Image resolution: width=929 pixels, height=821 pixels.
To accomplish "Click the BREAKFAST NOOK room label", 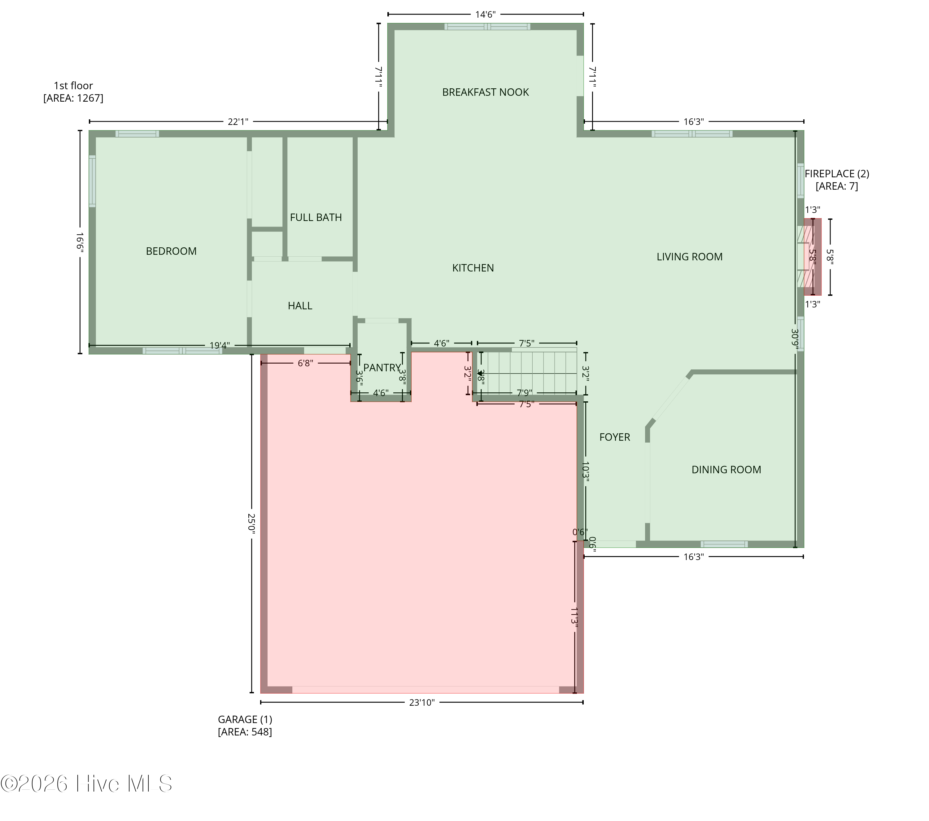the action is [486, 92].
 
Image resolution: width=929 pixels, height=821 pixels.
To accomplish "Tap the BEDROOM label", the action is [171, 251].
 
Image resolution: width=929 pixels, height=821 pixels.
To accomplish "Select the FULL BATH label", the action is [316, 218].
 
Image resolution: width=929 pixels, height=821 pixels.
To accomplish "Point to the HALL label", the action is [300, 306].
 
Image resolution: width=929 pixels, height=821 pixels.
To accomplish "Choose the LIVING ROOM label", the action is [690, 257].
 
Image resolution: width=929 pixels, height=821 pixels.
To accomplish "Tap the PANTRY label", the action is [382, 368].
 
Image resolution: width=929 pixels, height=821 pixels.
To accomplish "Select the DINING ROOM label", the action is [726, 470].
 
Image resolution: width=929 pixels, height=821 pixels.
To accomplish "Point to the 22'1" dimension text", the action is [238, 121].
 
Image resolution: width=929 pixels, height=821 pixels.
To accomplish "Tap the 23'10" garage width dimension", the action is [422, 702].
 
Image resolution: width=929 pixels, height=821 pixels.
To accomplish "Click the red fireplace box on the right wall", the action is [813, 257].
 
